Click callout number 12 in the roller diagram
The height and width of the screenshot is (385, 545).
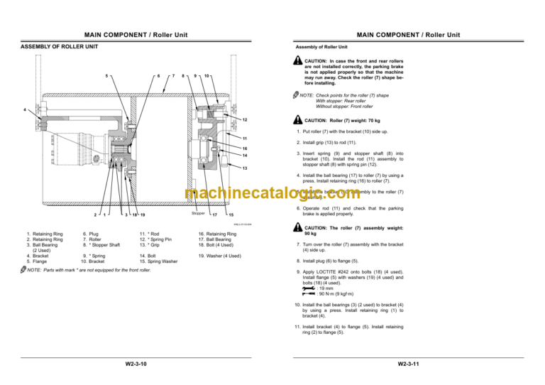(244, 119)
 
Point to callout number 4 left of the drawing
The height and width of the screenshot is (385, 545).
(26, 110)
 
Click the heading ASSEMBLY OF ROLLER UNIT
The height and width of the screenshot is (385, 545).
(59, 48)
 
